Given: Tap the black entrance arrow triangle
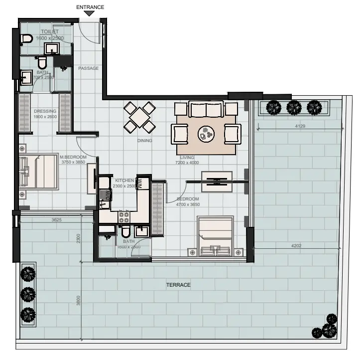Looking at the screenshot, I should (x=89, y=13).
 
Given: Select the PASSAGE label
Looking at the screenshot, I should (x=88, y=68).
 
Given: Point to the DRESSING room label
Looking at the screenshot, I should (x=45, y=111).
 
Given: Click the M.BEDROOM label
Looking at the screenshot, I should (x=73, y=157).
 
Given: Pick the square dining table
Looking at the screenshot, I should (x=139, y=117).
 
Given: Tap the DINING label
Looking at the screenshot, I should (x=145, y=141).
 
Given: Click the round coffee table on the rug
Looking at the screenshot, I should (x=206, y=133).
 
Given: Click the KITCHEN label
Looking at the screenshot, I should (x=124, y=180).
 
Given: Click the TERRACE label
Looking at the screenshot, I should (x=178, y=285).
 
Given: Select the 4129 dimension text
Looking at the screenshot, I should (x=299, y=126).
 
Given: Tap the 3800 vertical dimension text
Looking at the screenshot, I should (x=78, y=303).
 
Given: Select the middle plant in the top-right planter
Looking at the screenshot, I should (x=293, y=107).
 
